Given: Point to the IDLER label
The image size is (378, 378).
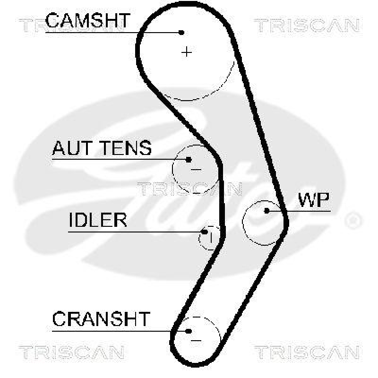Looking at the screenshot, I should click(x=98, y=220).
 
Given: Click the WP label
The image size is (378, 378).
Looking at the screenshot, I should click(x=313, y=200).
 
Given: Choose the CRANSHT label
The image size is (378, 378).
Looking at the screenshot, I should click(x=101, y=319).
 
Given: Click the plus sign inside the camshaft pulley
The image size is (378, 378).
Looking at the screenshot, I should click(x=188, y=52).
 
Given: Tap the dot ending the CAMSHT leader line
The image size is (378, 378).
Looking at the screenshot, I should click(x=181, y=32).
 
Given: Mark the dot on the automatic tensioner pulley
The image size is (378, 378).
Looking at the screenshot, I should click(x=189, y=160).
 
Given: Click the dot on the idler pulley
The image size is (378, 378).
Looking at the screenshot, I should click(x=205, y=232).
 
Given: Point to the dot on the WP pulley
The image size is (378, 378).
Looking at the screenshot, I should click(x=267, y=211).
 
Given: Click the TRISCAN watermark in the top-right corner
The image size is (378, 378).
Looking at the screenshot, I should click(x=308, y=26).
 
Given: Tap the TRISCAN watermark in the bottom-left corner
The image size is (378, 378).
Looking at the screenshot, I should click(x=71, y=352).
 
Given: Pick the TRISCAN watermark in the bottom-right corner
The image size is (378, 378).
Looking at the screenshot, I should click(x=308, y=352).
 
